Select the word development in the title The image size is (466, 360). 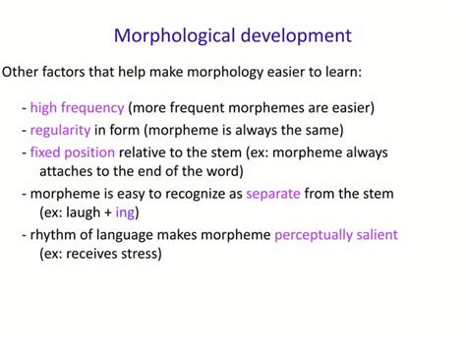click(x=296, y=36)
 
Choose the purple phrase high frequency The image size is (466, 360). click(x=77, y=107)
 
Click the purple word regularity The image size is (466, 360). click(x=60, y=130)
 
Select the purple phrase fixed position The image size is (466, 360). click(x=72, y=152)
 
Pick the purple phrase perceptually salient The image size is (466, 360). click(x=335, y=235)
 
